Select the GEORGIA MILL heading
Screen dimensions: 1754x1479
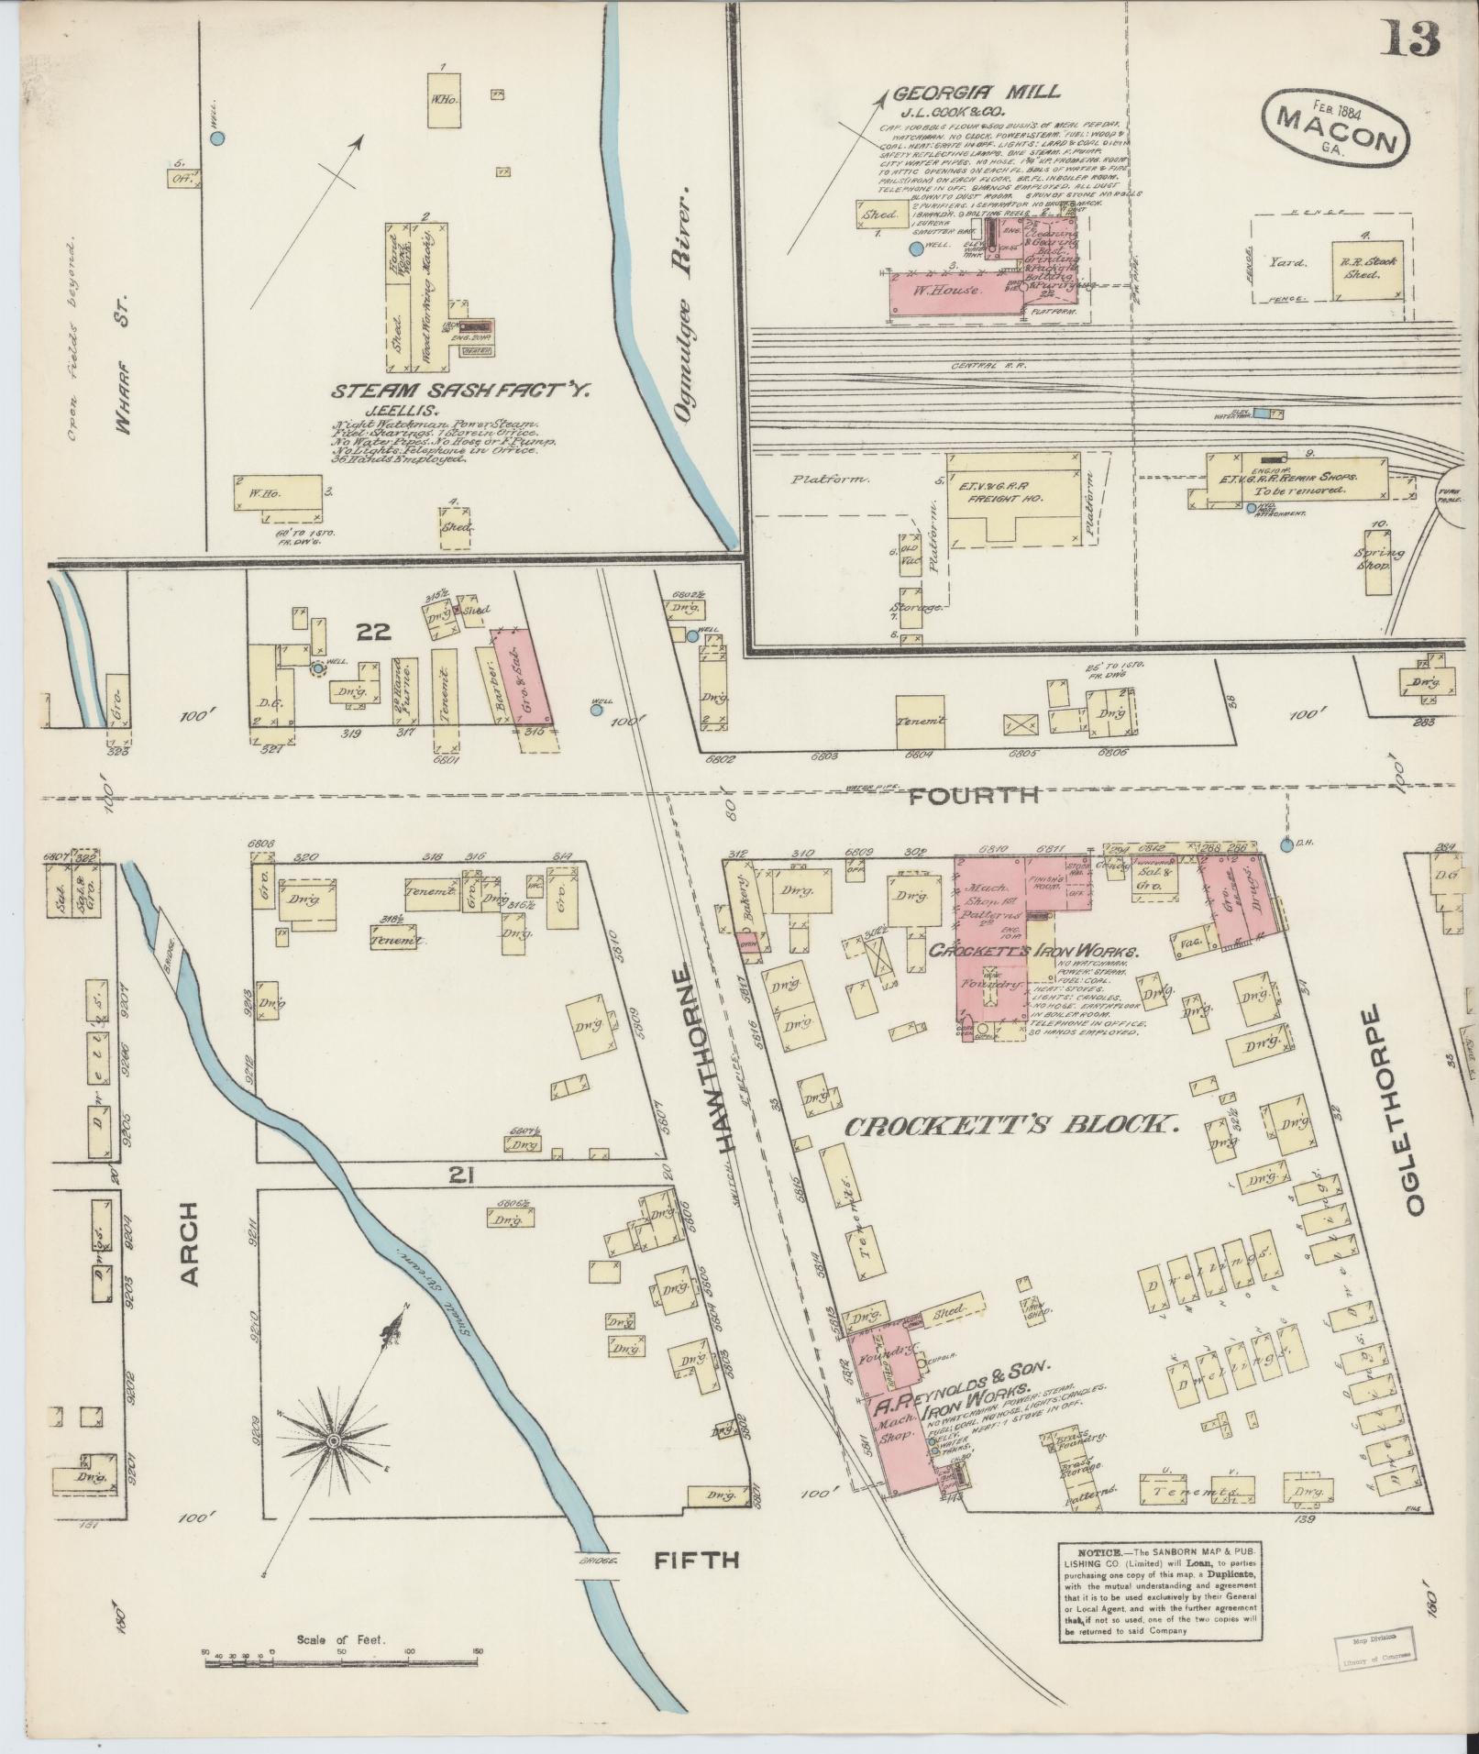pos(977,92)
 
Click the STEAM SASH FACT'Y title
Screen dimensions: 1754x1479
pos(461,392)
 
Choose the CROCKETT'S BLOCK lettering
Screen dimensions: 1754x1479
pos(1009,1125)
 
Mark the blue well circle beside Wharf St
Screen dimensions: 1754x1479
pos(217,138)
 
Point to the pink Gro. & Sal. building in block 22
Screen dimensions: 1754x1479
pos(521,676)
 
